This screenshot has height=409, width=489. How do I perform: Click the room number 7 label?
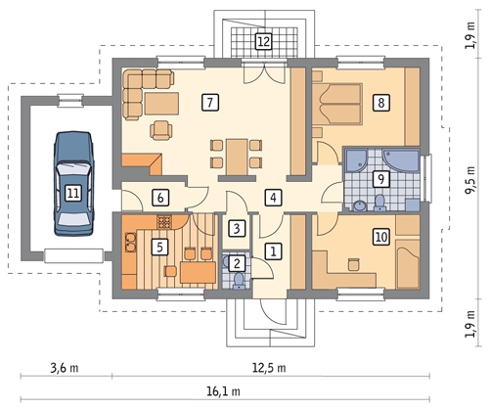tap(210, 103)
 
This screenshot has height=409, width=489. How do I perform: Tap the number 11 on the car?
tap(73, 193)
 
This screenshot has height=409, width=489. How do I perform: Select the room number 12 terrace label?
tap(264, 41)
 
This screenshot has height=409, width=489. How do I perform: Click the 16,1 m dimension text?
tap(223, 390)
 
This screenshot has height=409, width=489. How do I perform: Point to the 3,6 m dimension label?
tap(65, 368)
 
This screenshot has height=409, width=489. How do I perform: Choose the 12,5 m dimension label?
tap(269, 368)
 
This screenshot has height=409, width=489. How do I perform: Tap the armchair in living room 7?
tap(160, 130)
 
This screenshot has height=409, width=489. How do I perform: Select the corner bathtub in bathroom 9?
tap(401, 160)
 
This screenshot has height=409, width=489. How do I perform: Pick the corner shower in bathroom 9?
tap(356, 160)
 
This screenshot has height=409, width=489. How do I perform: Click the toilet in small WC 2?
tap(239, 281)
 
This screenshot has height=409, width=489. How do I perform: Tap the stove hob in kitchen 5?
tap(164, 222)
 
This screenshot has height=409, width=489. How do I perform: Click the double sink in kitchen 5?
tap(130, 243)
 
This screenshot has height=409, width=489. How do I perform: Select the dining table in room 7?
tap(237, 158)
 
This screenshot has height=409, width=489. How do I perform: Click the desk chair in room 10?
tap(353, 264)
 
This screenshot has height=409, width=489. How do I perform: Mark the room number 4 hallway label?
tap(273, 198)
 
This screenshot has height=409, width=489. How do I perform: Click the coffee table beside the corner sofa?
tap(162, 104)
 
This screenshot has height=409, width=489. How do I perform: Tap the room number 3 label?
tap(237, 228)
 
